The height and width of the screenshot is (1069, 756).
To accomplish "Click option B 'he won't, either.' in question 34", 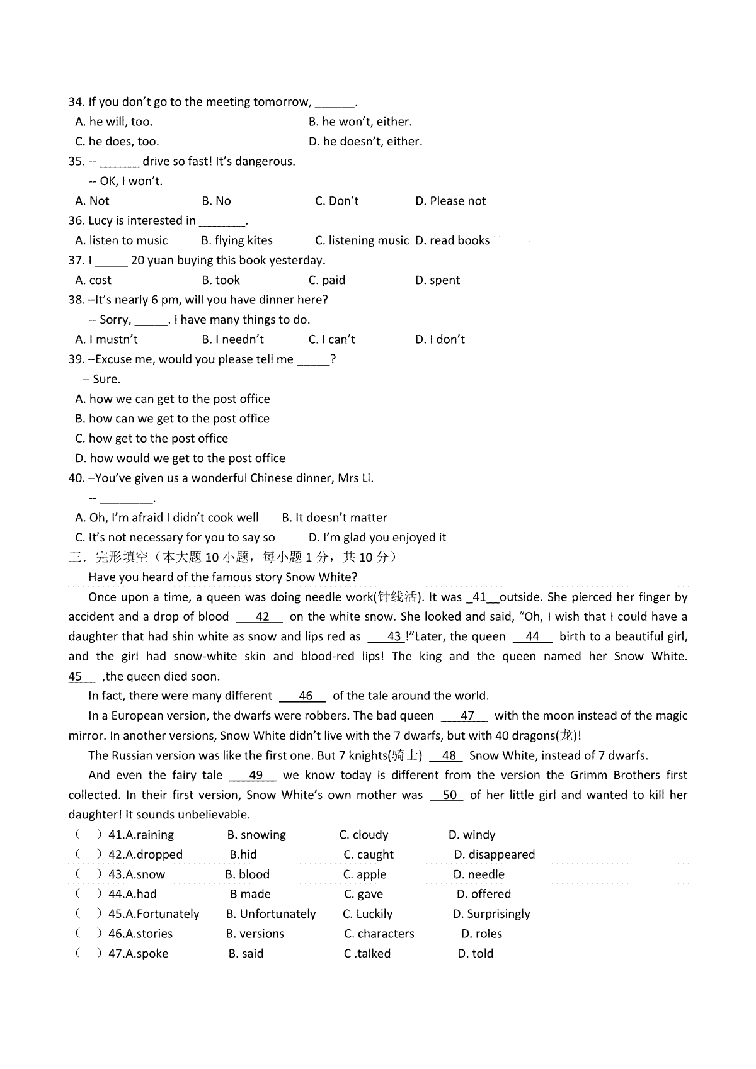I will pyautogui.click(x=360, y=122).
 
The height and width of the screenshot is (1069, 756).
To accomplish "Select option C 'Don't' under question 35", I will pyautogui.click(x=336, y=201).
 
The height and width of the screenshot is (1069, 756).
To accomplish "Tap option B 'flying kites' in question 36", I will pyautogui.click(x=237, y=240).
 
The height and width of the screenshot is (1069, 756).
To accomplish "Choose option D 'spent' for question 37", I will pyautogui.click(x=437, y=280).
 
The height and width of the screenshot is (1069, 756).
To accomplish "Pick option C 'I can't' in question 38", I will pyautogui.click(x=331, y=339).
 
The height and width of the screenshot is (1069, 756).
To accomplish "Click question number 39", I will pyautogui.click(x=76, y=359).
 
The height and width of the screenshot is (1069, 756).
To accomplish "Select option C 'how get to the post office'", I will pyautogui.click(x=151, y=439).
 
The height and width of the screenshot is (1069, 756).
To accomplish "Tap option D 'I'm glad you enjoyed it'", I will pyautogui.click(x=377, y=538).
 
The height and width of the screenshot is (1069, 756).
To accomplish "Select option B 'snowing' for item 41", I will pyautogui.click(x=256, y=835).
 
